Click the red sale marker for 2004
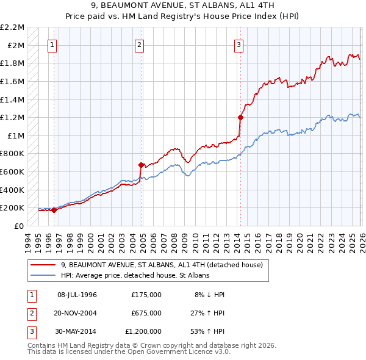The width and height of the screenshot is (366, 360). pos(141,165)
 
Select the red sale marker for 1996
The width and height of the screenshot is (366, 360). pos(54,210)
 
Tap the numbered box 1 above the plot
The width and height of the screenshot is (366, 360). pos(52,44)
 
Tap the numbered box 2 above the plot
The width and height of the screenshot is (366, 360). pos(140,44)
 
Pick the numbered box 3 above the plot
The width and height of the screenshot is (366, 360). pos(239,44)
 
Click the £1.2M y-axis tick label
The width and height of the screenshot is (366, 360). pos(13,117)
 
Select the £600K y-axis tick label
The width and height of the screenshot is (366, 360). pos(13,171)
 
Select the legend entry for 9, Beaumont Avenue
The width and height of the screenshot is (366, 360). pos(162,265)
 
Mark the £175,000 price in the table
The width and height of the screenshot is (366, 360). pos(146,295)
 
